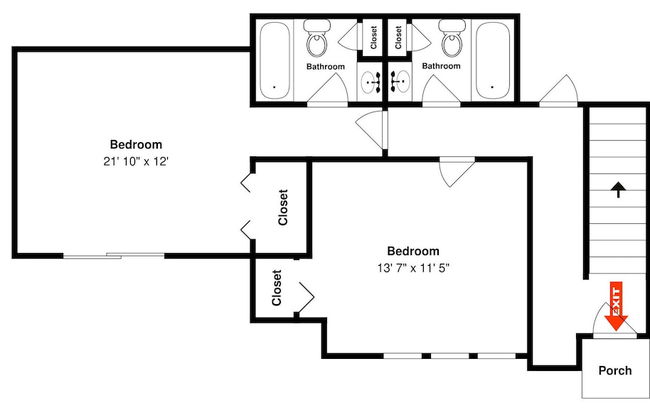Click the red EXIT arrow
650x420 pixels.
point(616,306)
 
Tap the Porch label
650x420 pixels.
point(615,370)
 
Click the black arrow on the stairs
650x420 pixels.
point(618,189)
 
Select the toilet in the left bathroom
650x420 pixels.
point(317,38)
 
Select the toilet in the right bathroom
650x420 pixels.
point(451,38)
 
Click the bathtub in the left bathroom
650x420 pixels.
point(274,61)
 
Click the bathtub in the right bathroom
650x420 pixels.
point(493,61)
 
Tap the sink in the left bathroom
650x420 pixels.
point(369,82)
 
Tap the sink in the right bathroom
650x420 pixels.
point(400,81)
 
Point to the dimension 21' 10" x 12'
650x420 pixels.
point(136,161)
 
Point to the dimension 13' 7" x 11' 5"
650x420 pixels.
point(413,268)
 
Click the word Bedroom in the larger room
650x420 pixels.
point(136,144)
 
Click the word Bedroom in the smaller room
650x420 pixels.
point(413,251)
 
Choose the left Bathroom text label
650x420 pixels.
point(325,66)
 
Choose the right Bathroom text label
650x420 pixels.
point(441,66)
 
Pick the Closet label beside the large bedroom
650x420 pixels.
point(283,207)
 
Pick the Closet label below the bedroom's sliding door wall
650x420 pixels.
point(276,288)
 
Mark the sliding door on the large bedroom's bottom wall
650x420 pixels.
point(114,255)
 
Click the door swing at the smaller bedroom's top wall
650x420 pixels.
point(457,172)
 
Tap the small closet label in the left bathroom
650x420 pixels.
point(374,37)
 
